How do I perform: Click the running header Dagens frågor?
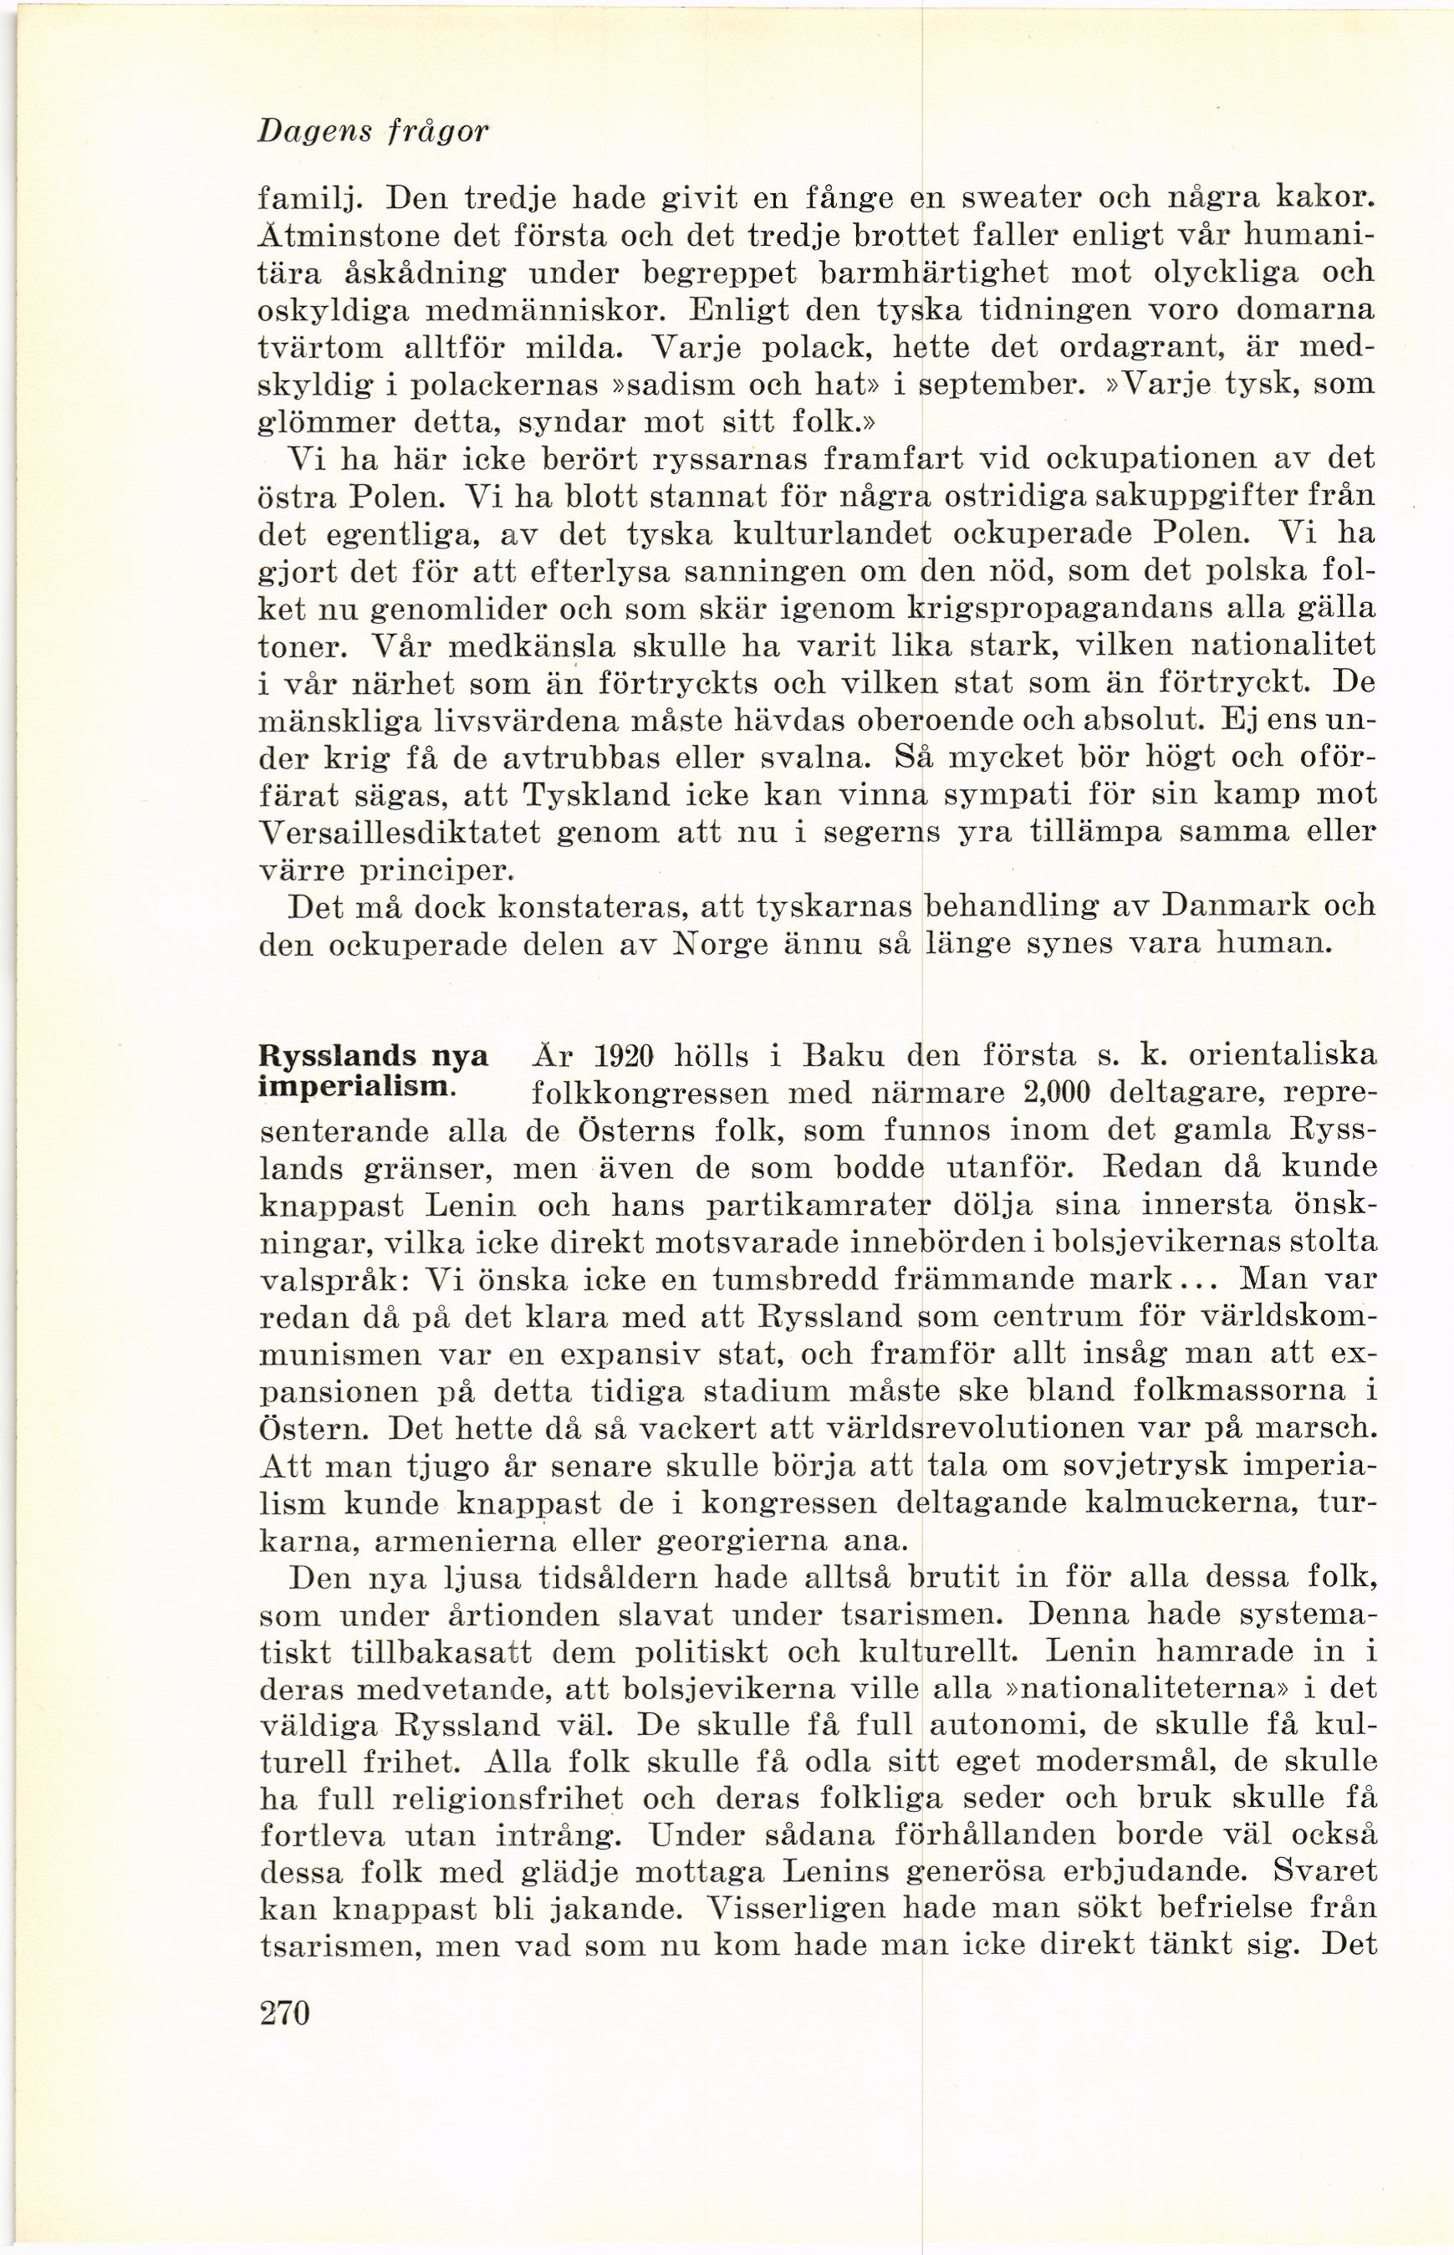(x=373, y=131)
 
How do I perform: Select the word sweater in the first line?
(x=1018, y=200)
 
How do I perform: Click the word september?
(x=1002, y=386)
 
